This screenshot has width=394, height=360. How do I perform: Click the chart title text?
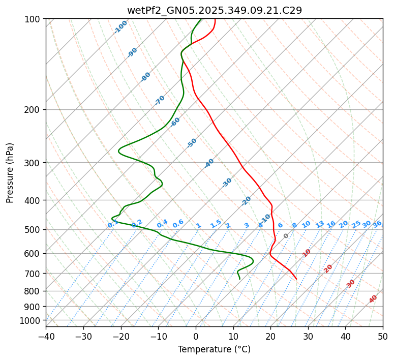214,10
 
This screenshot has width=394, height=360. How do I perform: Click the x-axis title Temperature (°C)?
214,349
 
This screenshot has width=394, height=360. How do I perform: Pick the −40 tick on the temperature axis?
46,336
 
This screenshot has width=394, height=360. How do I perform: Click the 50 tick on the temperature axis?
383,336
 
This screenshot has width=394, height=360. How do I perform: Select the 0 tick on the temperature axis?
196,336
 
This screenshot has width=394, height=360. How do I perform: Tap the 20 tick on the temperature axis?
270,336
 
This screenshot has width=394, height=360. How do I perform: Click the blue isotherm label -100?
120,27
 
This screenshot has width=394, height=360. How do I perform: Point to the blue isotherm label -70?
160,100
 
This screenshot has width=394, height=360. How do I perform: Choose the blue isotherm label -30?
227,183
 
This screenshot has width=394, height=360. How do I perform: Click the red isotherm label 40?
373,299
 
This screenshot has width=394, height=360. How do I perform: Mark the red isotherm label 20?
328,268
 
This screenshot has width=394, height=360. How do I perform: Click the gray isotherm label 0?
286,236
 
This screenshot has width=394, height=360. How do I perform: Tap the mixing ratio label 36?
377,224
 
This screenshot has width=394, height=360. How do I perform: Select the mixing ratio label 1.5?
216,223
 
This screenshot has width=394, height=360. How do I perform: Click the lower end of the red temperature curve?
296,279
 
